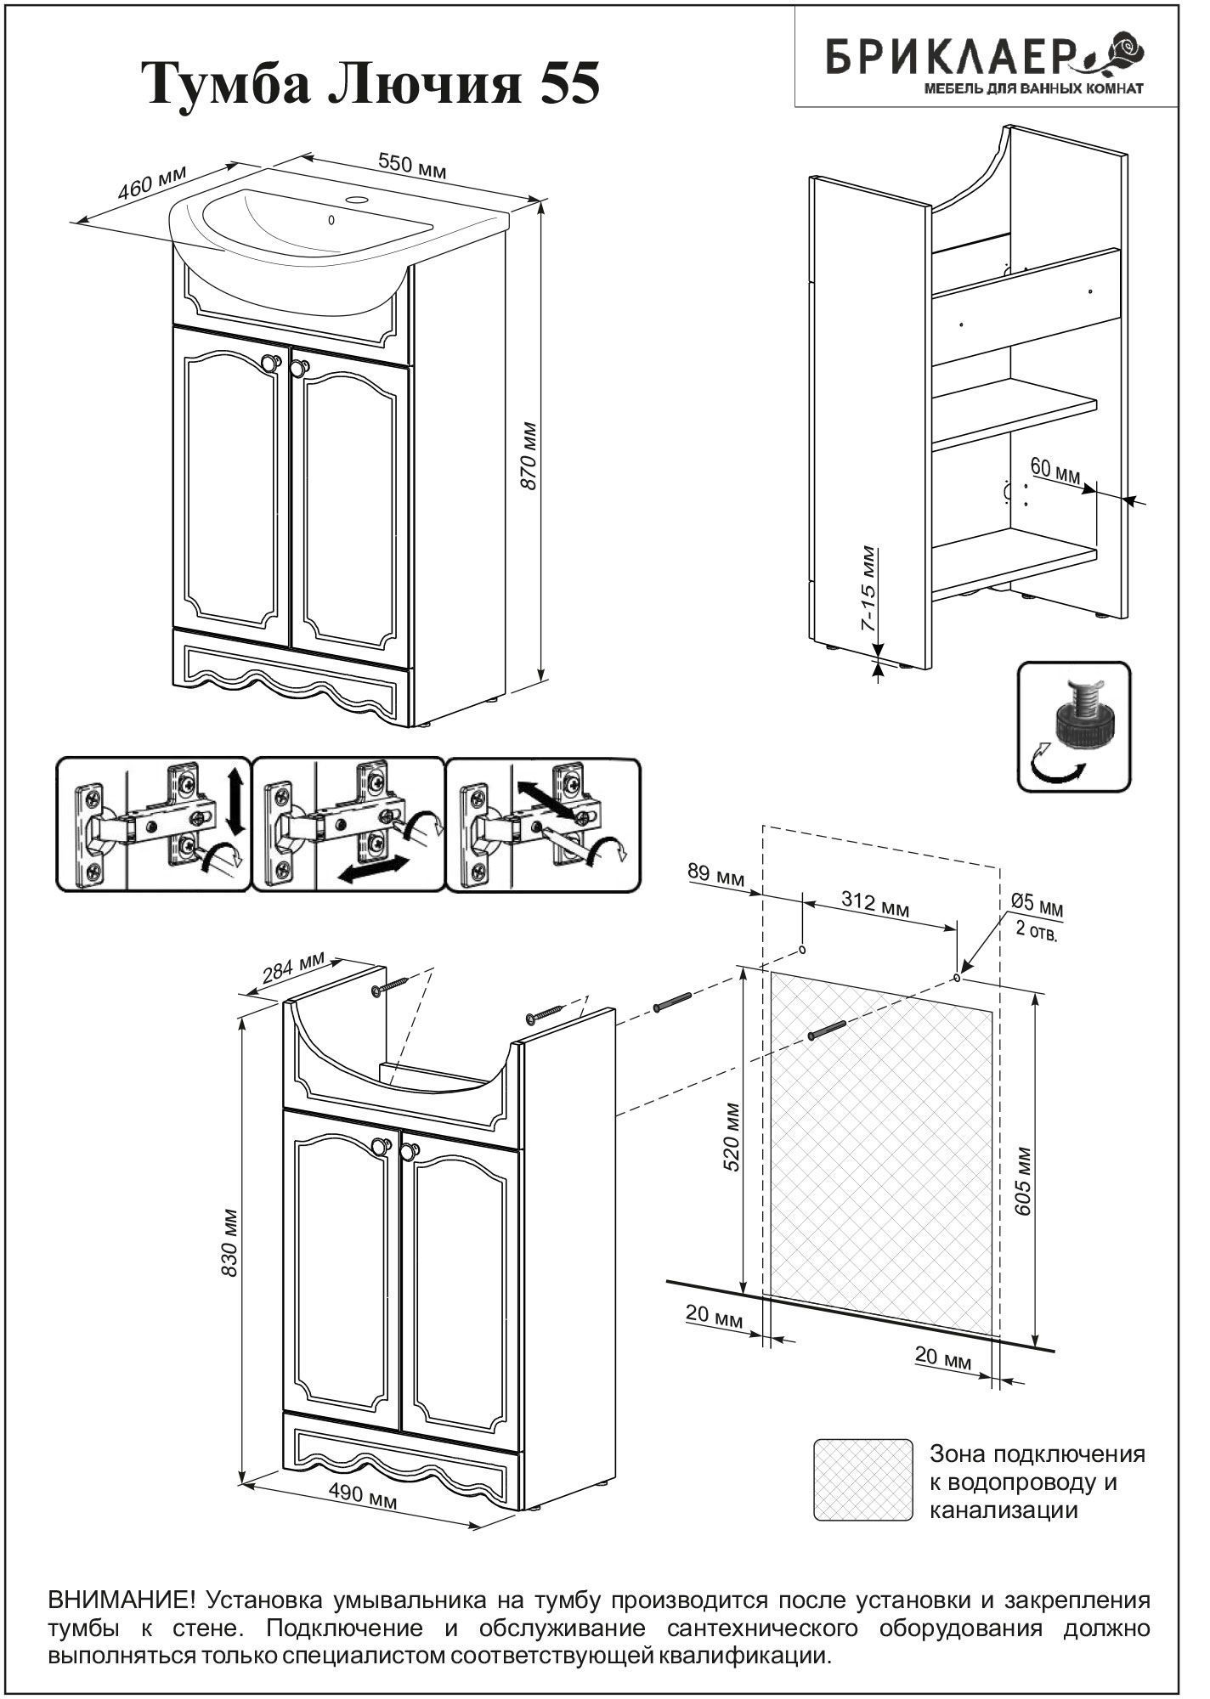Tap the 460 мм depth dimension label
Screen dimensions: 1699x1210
(150, 184)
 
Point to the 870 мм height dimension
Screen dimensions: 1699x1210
(528, 454)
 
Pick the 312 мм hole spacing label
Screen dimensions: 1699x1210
(874, 903)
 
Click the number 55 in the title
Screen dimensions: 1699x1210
(563, 84)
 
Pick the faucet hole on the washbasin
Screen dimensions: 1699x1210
(357, 202)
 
